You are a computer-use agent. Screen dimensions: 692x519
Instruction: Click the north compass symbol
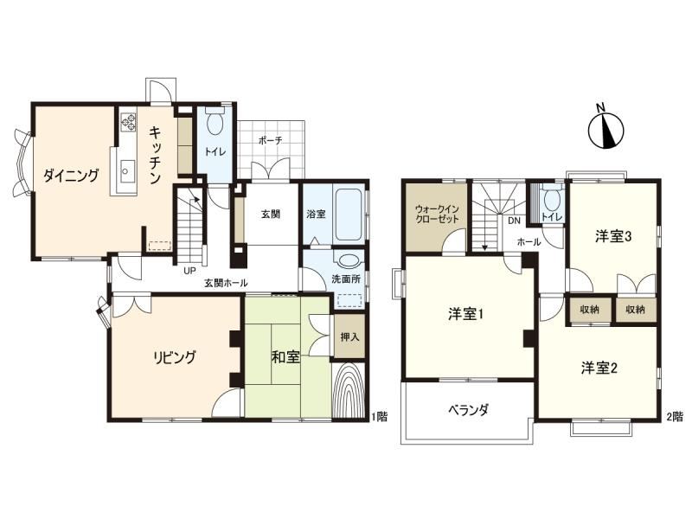[x=606, y=129]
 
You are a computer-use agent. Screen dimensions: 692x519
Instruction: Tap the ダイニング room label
[x=71, y=176]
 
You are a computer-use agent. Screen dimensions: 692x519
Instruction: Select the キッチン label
[x=155, y=155]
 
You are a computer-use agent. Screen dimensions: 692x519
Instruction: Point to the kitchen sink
[x=127, y=170]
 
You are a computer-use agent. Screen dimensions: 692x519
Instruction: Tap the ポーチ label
[x=270, y=141]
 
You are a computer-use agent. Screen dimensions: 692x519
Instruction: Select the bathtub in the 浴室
[x=349, y=215]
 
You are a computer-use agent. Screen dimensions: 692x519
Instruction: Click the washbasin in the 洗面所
[x=349, y=260]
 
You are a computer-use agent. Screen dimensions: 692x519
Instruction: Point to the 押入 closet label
[x=350, y=337]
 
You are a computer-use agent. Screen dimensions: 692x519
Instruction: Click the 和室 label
[x=285, y=357]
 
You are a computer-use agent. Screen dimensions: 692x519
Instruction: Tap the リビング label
[x=174, y=357]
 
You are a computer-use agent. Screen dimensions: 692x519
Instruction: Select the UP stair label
[x=189, y=271]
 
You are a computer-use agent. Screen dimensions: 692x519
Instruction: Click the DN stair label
[x=514, y=221]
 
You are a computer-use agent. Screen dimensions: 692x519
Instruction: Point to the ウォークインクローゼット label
[x=437, y=214]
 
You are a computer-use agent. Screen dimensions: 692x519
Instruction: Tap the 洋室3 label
[x=613, y=237]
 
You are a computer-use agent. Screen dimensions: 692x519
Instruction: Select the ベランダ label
[x=468, y=410]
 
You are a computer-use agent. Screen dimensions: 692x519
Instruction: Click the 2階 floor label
[x=675, y=416]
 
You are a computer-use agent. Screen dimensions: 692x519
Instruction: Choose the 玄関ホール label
[x=226, y=284]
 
